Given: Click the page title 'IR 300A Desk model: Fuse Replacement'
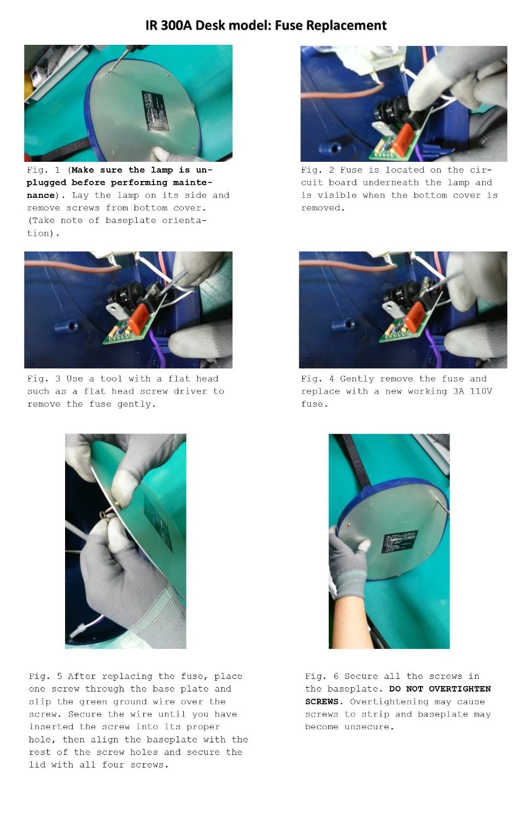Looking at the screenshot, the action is point(266,25).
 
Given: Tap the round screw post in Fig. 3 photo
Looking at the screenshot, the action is point(66,326).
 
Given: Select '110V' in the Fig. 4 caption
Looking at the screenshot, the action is point(481,391).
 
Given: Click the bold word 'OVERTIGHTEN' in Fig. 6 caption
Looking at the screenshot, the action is point(459,689).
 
